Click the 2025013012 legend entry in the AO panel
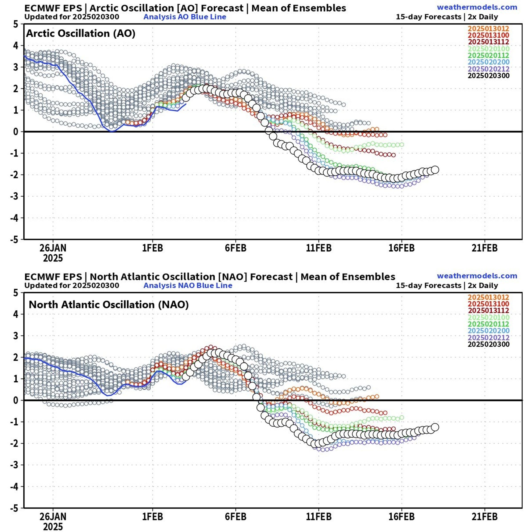pyautogui.click(x=488, y=28)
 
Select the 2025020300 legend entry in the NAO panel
pyautogui.click(x=488, y=344)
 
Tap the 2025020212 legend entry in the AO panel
pyautogui.click(x=488, y=69)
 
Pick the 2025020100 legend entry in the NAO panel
pyautogui.click(x=488, y=317)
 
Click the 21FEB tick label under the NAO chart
pyautogui.click(x=484, y=517)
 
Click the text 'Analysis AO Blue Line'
pyautogui.click(x=185, y=17)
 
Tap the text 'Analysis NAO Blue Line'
pyautogui.click(x=188, y=285)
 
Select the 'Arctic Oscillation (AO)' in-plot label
pyautogui.click(x=80, y=33)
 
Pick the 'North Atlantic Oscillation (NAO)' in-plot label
pyautogui.click(x=109, y=305)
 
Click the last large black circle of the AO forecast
pyautogui.click(x=435, y=170)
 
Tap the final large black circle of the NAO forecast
pyautogui.click(x=435, y=427)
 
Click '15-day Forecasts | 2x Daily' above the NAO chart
pyautogui.click(x=447, y=285)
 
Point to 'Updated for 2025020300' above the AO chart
pyautogui.click(x=72, y=17)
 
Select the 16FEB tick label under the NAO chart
pyautogui.click(x=401, y=517)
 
